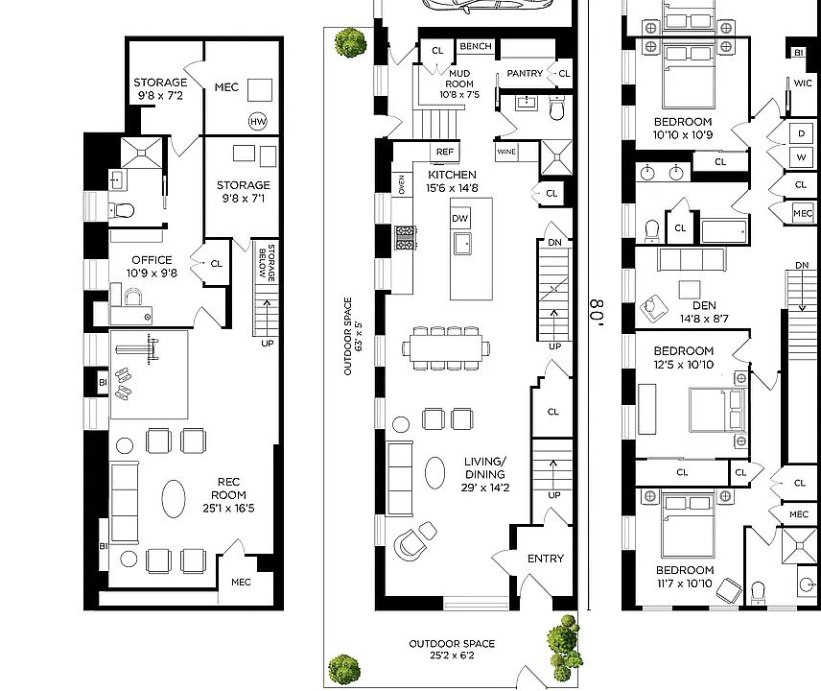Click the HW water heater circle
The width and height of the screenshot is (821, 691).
258,122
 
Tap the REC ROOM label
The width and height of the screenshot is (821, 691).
228,494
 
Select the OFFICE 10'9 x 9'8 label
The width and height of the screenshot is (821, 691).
152,266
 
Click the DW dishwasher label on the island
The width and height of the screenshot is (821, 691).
459,218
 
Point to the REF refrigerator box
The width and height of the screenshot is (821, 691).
444,152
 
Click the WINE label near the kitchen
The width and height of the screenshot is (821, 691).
506,152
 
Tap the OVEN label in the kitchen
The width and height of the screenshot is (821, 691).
401,184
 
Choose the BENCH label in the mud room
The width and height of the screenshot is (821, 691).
476,46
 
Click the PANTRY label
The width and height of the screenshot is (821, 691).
525,73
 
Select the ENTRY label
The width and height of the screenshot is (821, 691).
546,559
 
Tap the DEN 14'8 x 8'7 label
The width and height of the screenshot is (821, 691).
704,312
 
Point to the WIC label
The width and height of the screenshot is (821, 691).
803,83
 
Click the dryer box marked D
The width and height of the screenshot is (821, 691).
801,133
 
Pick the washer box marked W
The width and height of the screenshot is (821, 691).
801,157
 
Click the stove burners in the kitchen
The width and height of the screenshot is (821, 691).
405,238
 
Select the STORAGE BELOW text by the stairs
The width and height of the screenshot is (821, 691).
267,262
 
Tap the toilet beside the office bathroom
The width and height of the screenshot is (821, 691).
122,210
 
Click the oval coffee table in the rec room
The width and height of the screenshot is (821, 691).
174,498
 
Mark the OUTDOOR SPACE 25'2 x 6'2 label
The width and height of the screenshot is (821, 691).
452,649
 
